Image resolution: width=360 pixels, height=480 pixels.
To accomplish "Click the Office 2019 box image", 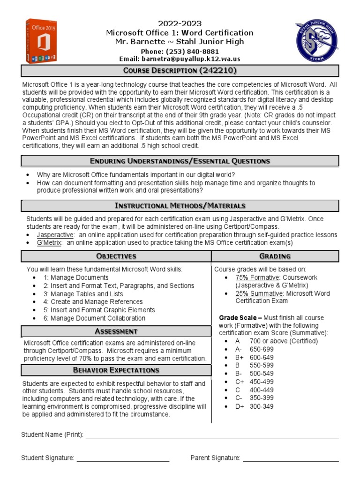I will (x=41, y=41).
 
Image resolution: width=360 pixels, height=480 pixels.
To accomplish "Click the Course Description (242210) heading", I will (x=180, y=71).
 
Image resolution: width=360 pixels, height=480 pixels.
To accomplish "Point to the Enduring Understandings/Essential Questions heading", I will (x=180, y=161).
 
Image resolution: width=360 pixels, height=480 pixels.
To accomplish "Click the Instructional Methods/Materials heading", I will (x=180, y=206).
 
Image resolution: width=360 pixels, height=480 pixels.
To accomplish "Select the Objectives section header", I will (x=116, y=256).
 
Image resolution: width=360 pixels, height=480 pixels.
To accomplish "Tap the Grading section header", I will (x=275, y=256).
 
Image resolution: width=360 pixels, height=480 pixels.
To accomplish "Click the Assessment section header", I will (x=116, y=331).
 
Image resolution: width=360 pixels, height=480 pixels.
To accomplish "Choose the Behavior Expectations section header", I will (x=116, y=370).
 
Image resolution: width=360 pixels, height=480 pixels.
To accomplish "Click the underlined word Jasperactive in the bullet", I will (x=55, y=234).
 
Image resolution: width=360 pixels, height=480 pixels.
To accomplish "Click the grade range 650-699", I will (x=262, y=349).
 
